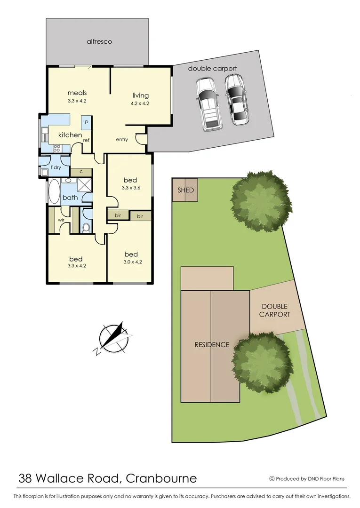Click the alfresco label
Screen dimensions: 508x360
pos(99,41)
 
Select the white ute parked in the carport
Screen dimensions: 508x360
pos(208,104)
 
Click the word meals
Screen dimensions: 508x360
pos(77,93)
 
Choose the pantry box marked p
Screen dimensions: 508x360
pos(87,121)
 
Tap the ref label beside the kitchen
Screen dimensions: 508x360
pos(86,140)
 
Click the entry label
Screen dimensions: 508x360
pos(122,140)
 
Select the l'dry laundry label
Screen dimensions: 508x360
pos(56,167)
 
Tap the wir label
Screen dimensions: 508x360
pos(61,220)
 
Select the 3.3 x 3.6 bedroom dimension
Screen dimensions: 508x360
pos(130,188)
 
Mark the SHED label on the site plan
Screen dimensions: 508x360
pos(185,190)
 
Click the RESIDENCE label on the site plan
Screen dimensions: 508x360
pos(212,345)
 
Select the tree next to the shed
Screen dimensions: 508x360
pos(257,201)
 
